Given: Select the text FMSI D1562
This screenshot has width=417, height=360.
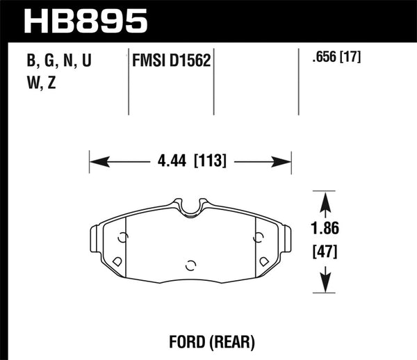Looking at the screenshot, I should [x=171, y=62].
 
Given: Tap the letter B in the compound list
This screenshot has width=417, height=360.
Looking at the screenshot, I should [x=31, y=62].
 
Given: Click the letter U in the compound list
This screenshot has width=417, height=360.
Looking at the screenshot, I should [x=86, y=62].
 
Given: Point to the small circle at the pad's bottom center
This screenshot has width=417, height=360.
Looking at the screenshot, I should [x=190, y=264].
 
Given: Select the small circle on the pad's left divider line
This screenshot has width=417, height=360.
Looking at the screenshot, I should [x=122, y=238].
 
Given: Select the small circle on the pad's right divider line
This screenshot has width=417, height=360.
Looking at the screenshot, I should [x=258, y=238].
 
